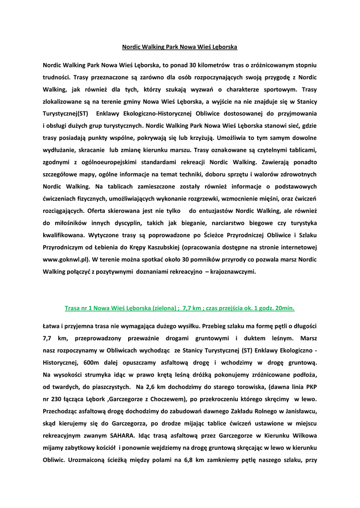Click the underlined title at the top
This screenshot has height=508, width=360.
tap(180, 47)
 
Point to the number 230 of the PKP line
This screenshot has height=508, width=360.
tap(58, 399)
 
